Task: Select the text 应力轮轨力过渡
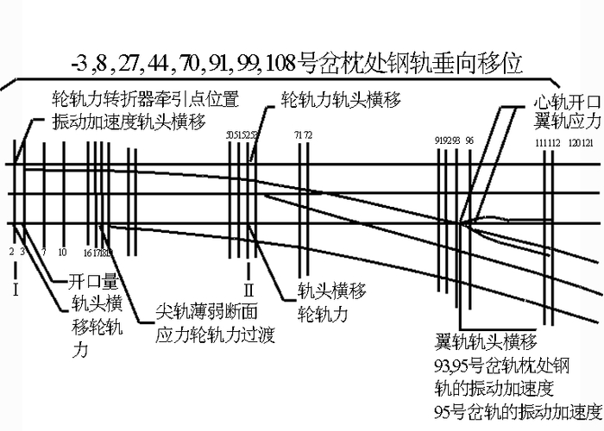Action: [x=215, y=334]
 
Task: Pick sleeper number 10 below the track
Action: [x=62, y=253]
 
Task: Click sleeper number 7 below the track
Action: [x=43, y=253]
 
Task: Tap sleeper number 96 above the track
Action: [x=469, y=140]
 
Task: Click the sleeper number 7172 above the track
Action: [x=303, y=135]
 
